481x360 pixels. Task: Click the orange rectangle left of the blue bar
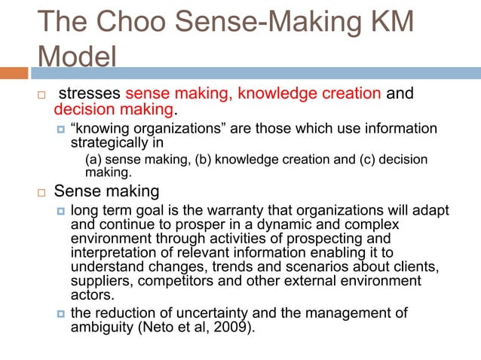[x=14, y=74]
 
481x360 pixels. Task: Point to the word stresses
[x=90, y=95]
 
